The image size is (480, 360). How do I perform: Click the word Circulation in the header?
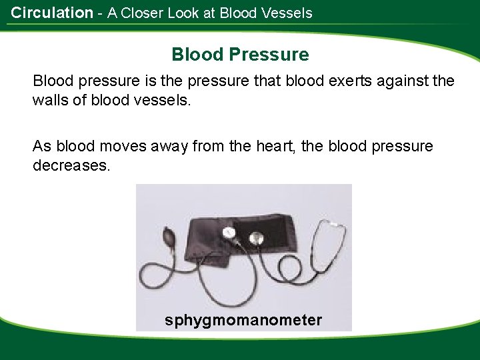tap(52, 13)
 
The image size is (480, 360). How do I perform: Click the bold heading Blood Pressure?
tap(240, 54)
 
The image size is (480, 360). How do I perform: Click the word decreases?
tap(70, 164)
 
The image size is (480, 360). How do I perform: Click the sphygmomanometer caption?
tap(243, 320)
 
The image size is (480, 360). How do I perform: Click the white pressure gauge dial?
tap(230, 233)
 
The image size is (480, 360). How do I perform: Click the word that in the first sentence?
tap(269, 82)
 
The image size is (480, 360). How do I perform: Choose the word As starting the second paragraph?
tap(41, 146)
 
